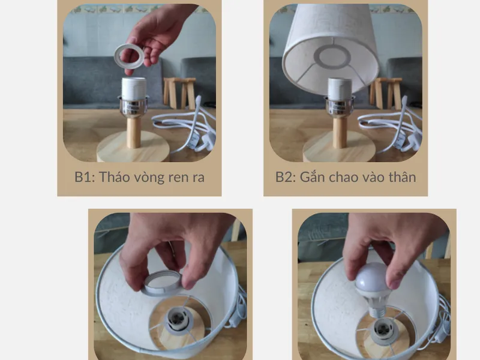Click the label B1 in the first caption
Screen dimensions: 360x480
(x=83, y=178)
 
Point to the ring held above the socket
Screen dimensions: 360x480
(x=128, y=56)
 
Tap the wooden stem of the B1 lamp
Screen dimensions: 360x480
(x=134, y=131)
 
